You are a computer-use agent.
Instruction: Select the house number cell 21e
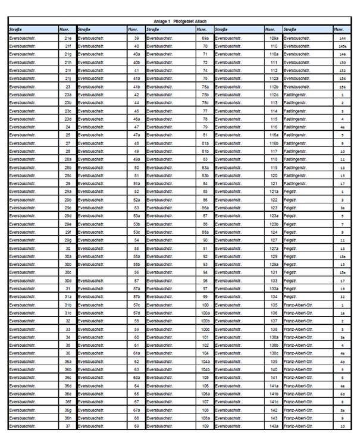(x=68, y=37)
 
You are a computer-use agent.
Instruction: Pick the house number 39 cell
(x=136, y=37)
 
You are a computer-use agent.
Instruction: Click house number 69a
(x=205, y=37)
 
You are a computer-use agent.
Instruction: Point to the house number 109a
(x=274, y=37)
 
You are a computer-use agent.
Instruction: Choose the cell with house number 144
(x=342, y=37)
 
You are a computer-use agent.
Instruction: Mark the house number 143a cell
(x=274, y=426)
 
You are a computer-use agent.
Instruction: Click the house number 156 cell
(x=342, y=86)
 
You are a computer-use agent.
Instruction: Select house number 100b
(x=205, y=321)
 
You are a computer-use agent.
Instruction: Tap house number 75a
(x=205, y=86)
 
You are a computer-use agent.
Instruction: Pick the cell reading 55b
(x=136, y=264)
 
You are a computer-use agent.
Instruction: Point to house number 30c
(x=68, y=272)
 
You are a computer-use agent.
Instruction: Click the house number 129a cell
(x=274, y=264)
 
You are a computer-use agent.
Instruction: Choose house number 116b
(x=274, y=143)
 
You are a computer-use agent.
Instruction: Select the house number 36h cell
(x=68, y=418)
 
